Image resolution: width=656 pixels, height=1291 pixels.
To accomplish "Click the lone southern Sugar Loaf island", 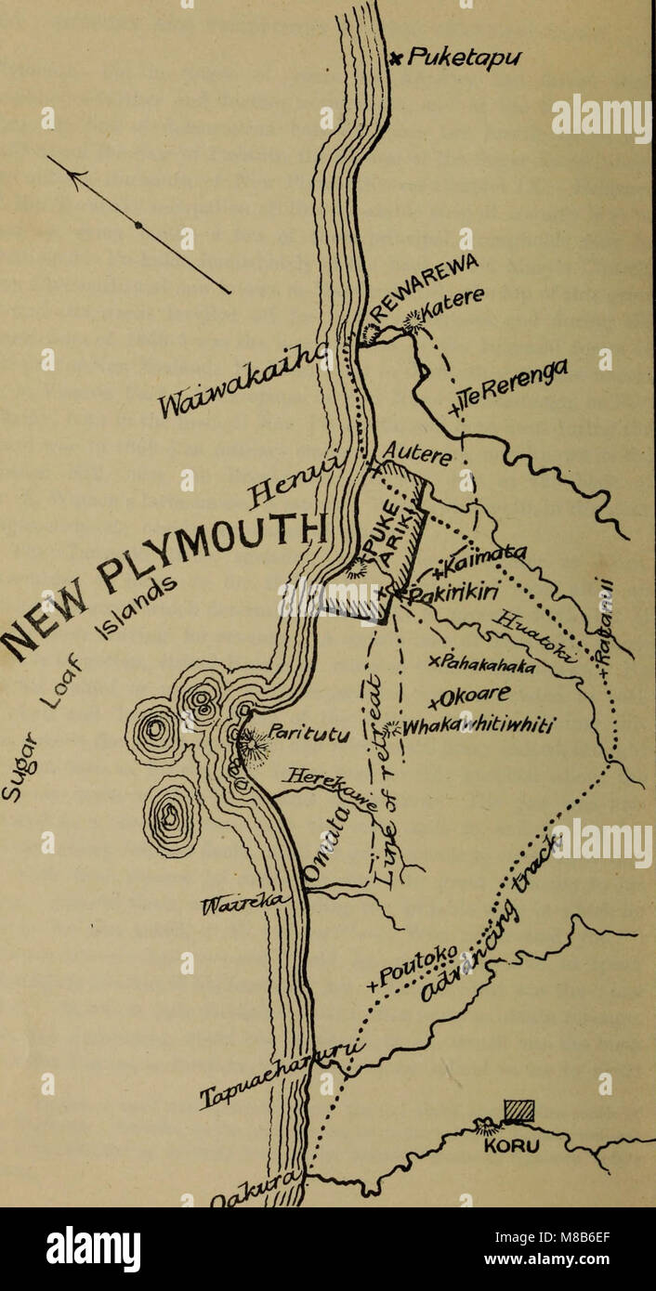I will pyautogui.click(x=171, y=815).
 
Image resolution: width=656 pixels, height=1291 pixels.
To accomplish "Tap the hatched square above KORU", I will pyautogui.click(x=518, y=1112).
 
